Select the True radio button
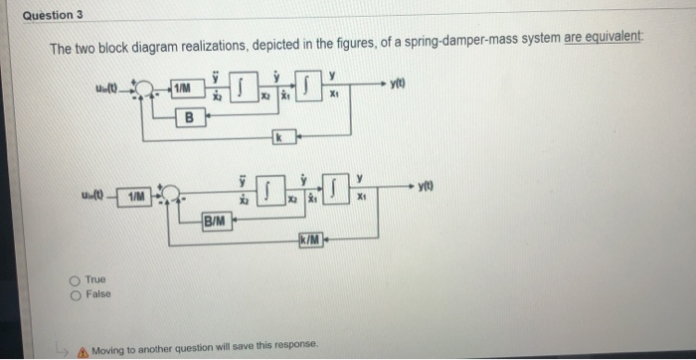pyautogui.click(x=76, y=281)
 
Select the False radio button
pyautogui.click(x=76, y=294)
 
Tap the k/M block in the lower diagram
pyautogui.click(x=309, y=237)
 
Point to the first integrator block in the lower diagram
pyautogui.click(x=269, y=189)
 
